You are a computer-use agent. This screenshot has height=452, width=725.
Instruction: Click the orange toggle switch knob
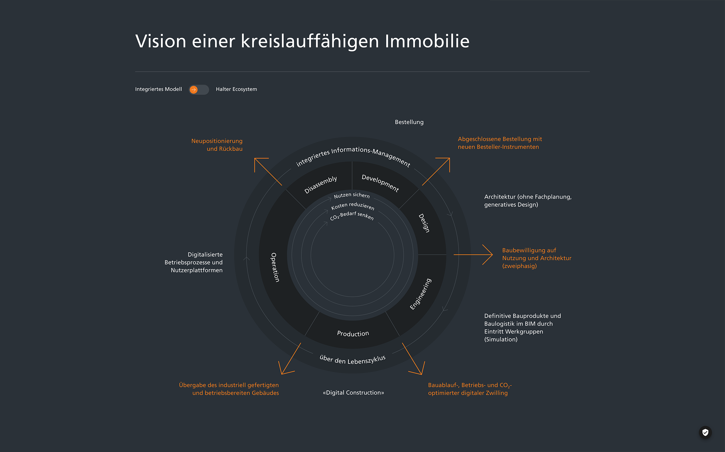pyautogui.click(x=194, y=90)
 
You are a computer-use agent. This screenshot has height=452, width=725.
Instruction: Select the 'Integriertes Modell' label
pyautogui.click(x=158, y=89)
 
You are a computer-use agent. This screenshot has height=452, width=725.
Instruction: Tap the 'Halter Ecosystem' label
pyautogui.click(x=236, y=89)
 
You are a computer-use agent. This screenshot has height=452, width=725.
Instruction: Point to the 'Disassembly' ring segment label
pyautogui.click(x=320, y=185)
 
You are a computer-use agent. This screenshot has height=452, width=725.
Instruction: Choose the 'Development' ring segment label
pyautogui.click(x=380, y=183)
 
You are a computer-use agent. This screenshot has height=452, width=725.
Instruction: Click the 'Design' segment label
pyautogui.click(x=424, y=223)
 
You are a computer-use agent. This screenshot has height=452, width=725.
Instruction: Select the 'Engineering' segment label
pyautogui.click(x=421, y=294)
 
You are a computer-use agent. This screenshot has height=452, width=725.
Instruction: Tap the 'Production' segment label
pyautogui.click(x=353, y=334)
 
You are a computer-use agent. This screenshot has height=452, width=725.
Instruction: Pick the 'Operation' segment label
pyautogui.click(x=275, y=267)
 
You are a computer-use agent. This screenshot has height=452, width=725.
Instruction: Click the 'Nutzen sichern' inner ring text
pyautogui.click(x=352, y=195)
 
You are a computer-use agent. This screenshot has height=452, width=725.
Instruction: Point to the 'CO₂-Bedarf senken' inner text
pyautogui.click(x=352, y=216)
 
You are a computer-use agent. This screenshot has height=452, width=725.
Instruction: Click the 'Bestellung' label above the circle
pyautogui.click(x=409, y=122)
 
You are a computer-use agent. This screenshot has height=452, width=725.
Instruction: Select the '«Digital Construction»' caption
pyautogui.click(x=353, y=393)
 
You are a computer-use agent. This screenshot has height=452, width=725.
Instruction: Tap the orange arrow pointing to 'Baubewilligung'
pyautogui.click(x=473, y=255)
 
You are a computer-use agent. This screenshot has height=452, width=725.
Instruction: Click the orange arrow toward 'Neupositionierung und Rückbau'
pyautogui.click(x=267, y=171)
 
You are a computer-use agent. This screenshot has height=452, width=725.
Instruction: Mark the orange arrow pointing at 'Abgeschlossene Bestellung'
pyautogui.click(x=436, y=171)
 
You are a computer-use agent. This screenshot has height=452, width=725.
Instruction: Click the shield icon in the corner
pyautogui.click(x=705, y=432)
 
